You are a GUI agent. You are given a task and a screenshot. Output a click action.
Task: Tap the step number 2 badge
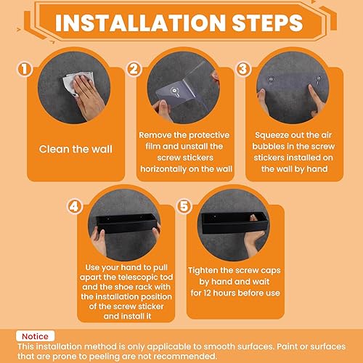(x=134, y=70)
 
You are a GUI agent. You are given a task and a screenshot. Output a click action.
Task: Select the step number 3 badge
(x=243, y=70)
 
